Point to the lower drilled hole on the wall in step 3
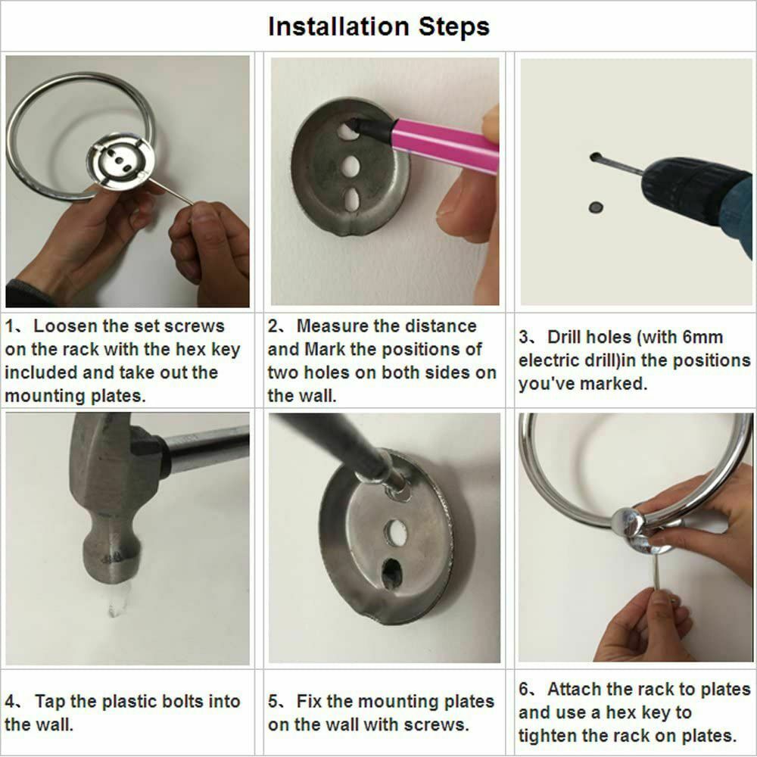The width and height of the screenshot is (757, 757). tap(595, 206)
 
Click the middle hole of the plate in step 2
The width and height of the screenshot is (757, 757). tap(350, 166)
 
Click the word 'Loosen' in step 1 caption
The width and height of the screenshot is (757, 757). tap(65, 326)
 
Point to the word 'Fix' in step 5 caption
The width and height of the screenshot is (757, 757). tap(310, 702)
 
